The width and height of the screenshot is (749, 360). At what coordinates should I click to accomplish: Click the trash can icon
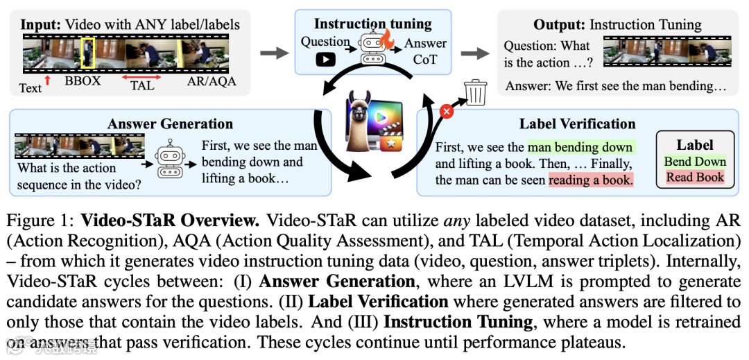click(x=475, y=92)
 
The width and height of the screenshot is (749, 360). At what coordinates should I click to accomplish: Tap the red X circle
click(x=447, y=110)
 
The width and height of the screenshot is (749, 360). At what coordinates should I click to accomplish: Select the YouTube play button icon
click(x=325, y=60)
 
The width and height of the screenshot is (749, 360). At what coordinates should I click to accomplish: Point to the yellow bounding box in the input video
click(x=87, y=53)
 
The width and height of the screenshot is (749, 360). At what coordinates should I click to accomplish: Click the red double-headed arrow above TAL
click(x=146, y=77)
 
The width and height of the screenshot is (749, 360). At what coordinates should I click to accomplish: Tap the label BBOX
click(x=83, y=81)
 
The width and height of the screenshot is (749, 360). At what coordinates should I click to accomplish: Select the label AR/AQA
click(x=212, y=81)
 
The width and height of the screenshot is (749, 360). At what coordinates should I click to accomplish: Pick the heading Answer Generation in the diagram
click(x=170, y=124)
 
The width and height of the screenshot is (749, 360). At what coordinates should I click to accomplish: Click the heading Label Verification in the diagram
click(x=577, y=124)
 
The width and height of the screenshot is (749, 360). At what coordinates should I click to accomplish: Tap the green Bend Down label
click(x=695, y=162)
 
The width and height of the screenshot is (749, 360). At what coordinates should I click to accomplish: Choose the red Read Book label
click(x=695, y=177)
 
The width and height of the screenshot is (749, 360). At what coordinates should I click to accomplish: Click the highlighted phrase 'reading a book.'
click(x=591, y=180)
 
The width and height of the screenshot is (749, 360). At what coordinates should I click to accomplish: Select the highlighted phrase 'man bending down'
click(x=580, y=147)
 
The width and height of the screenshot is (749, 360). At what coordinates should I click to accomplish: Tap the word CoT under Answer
click(x=425, y=59)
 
